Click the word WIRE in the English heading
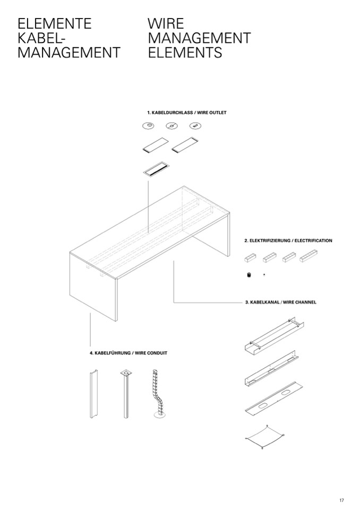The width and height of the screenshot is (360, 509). tap(166, 24)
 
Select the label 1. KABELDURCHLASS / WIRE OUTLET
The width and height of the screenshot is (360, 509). tap(187, 113)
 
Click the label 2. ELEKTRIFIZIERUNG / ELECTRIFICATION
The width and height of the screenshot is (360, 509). tap(288, 240)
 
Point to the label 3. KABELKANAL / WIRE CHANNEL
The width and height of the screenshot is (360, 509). tap(280, 302)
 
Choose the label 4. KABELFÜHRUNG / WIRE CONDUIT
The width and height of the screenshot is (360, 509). tap(128, 353)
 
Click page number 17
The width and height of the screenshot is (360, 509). tap(341, 500)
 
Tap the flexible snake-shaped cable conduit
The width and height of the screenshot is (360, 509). tap(159, 394)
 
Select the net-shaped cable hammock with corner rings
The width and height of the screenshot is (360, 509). tap(264, 437)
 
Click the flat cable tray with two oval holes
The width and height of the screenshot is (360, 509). tap(274, 398)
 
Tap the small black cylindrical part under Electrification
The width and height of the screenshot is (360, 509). tap(249, 275)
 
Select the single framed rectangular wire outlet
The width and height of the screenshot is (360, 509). tap(156, 169)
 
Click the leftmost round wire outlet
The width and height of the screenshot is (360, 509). tap(148, 126)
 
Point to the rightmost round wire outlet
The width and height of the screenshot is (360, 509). tap(195, 125)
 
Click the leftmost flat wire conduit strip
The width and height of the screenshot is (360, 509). tap(93, 394)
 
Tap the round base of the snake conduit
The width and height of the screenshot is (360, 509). tap(160, 415)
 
